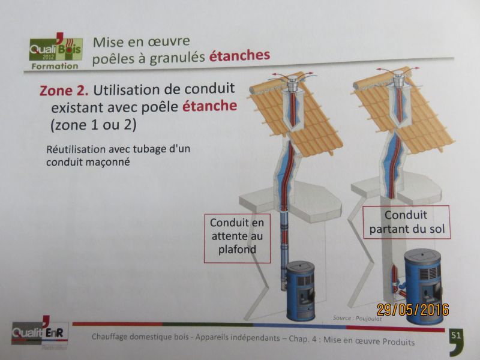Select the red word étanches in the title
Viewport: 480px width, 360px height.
point(239,55)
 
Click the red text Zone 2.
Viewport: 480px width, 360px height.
point(64,91)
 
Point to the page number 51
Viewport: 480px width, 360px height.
point(455,335)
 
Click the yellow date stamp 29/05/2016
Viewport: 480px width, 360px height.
point(413,310)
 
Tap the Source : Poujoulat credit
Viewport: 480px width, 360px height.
point(357,319)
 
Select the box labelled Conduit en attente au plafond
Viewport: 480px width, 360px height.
point(237,238)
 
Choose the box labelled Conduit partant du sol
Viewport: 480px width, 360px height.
point(407,223)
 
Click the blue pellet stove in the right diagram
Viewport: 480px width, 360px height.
point(424,284)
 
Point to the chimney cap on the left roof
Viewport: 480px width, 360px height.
point(292,83)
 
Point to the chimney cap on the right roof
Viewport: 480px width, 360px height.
point(398,79)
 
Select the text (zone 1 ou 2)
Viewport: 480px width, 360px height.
point(94,125)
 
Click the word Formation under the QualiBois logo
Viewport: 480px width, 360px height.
point(55,66)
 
